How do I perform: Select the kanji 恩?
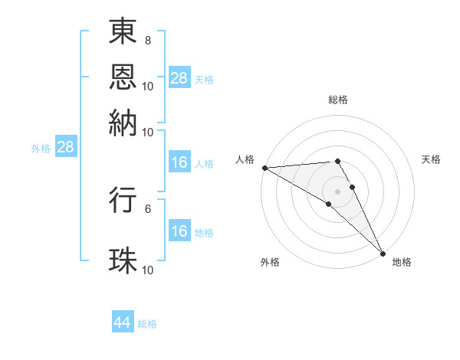tap(123, 76)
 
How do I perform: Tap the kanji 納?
tap(123, 121)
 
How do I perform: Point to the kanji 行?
tap(123, 200)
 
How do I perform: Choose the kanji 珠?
tap(123, 260)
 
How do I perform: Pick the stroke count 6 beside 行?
tap(147, 208)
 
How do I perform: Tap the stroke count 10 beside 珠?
tap(147, 270)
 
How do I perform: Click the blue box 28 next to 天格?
tap(179, 78)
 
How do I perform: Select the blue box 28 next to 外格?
tap(65, 148)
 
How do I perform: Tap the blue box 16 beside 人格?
tap(179, 162)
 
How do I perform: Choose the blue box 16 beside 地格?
tap(179, 231)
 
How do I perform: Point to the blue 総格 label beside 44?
tap(147, 324)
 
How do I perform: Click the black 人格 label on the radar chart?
tap(245, 159)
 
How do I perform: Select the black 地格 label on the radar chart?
tap(402, 262)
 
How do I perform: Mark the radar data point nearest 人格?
tap(264, 167)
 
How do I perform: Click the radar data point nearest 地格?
tap(382, 253)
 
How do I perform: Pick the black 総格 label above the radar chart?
tap(338, 100)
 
